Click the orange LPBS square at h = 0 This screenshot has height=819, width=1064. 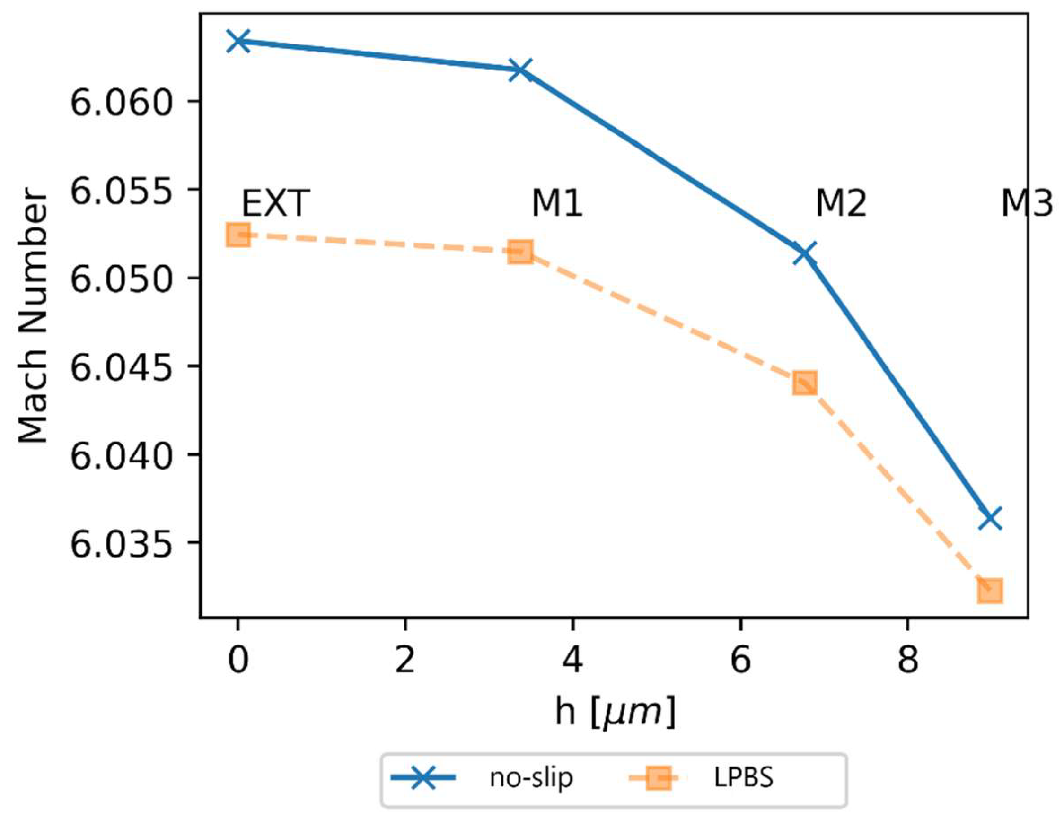click(238, 235)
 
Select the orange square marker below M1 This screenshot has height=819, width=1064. click(520, 251)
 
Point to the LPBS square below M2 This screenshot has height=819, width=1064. click(804, 382)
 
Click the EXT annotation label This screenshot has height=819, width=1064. click(276, 203)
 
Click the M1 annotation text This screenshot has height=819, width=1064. click(557, 203)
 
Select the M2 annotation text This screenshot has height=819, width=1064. click(841, 203)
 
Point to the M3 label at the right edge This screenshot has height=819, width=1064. click(1026, 203)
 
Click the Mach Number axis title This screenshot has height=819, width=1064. click(33, 316)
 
